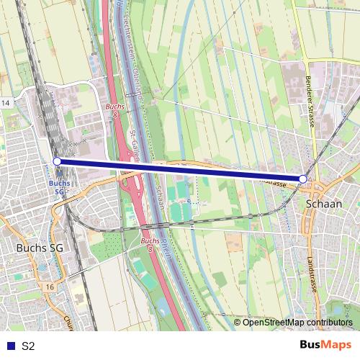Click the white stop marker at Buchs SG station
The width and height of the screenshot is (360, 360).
[57, 161]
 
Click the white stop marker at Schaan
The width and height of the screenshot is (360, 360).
[303, 179]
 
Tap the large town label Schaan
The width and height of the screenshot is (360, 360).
[323, 204]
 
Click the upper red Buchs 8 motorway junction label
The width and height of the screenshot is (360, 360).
[114, 112]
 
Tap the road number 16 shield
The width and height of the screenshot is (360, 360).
[49, 287]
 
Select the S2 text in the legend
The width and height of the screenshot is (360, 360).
[28, 346]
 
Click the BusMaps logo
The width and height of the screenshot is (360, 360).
[325, 345]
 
